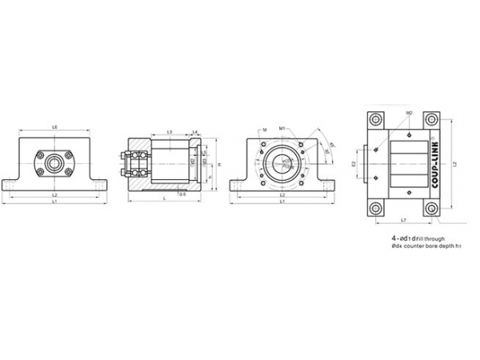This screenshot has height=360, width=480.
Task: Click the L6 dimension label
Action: pos(54,127)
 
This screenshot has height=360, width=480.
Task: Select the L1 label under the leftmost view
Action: pos(54,202)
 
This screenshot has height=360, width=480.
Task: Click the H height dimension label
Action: pos(218,165)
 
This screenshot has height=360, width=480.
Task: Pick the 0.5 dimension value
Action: pos(182,194)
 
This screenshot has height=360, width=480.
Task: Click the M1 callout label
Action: pos(282,127)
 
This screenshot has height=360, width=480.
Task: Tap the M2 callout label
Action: pos(408,113)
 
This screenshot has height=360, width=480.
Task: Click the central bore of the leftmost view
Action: pos(54,163)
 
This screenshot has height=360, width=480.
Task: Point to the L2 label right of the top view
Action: pos(454,163)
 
